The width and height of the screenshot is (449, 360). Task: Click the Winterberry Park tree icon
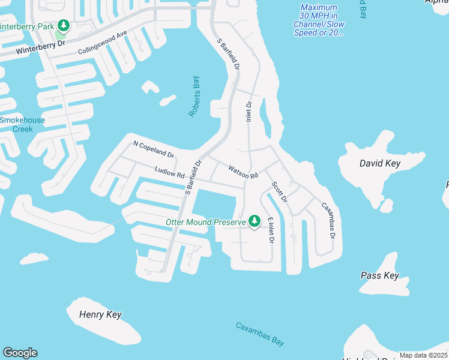click(63, 26)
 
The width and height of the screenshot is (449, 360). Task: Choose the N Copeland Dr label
click(153, 149)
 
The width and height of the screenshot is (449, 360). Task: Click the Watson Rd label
click(243, 172)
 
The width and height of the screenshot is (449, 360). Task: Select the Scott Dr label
click(279, 197)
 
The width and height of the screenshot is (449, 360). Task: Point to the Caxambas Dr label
click(328, 220)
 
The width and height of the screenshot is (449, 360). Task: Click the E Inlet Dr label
click(271, 230)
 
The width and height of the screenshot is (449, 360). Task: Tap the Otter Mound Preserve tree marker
click(255, 221)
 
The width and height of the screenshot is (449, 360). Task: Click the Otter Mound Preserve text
click(206, 223)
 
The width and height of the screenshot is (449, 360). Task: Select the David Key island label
click(379, 163)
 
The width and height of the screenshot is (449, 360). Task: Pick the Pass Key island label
click(379, 275)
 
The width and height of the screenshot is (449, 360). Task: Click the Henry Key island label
click(101, 315)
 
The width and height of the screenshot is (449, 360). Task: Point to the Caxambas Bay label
click(259, 334)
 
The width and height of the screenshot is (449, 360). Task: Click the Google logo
click(20, 353)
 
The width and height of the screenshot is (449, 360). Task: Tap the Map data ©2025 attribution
click(423, 355)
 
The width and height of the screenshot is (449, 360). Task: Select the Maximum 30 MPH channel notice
click(319, 20)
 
